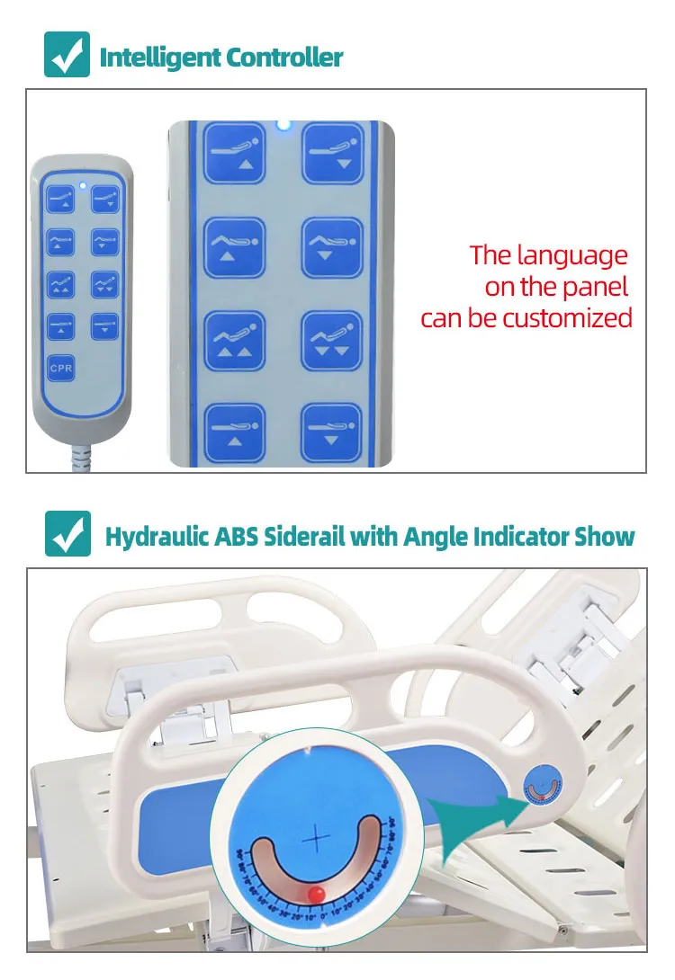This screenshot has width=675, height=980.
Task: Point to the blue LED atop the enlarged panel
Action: click(x=283, y=125)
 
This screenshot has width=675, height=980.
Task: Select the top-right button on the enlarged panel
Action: click(x=332, y=154)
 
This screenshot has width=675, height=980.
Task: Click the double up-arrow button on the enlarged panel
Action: click(x=234, y=341)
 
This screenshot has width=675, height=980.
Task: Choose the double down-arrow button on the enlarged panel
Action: click(x=332, y=341)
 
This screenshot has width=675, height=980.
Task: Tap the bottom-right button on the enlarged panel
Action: click(x=332, y=433)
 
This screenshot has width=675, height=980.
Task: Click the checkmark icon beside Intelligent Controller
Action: click(x=67, y=55)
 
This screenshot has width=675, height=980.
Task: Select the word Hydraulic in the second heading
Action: click(x=156, y=538)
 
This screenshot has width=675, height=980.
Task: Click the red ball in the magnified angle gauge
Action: click(x=316, y=893)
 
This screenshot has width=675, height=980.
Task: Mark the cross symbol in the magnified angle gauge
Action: click(x=316, y=838)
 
